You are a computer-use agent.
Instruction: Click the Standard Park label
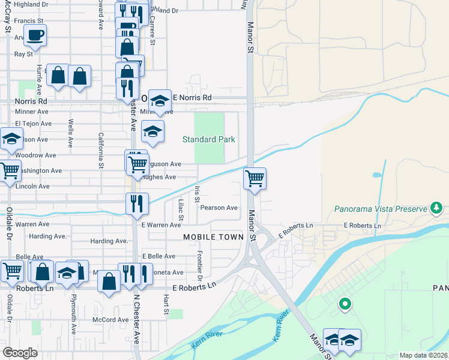point(208,139)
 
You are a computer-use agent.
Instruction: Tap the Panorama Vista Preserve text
point(379,209)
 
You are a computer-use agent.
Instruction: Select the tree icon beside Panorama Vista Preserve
point(437,209)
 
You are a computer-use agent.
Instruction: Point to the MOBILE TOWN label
point(213,237)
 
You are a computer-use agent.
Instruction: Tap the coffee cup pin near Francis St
point(35,34)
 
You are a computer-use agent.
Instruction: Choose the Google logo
point(20,353)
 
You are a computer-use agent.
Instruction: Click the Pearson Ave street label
point(219,208)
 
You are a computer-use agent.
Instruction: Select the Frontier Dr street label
point(200,266)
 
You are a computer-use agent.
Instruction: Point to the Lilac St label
point(181,210)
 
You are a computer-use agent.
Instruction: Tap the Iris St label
point(197,194)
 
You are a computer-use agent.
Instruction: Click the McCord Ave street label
point(110,320)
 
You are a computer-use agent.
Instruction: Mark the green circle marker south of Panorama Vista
point(345,304)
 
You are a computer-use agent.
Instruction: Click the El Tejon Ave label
point(34,124)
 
